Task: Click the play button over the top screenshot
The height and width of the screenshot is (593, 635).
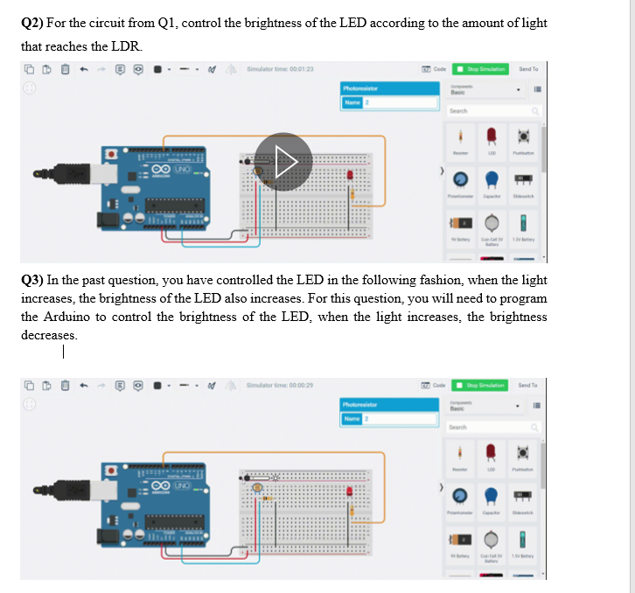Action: click(283, 162)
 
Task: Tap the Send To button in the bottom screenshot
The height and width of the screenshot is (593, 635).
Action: click(528, 385)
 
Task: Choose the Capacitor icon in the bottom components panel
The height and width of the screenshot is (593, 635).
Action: click(491, 494)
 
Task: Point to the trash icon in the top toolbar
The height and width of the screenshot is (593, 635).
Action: click(63, 69)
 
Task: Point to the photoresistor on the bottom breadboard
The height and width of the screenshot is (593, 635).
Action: click(257, 487)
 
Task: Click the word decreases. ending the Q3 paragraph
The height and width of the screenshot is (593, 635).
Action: click(49, 335)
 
